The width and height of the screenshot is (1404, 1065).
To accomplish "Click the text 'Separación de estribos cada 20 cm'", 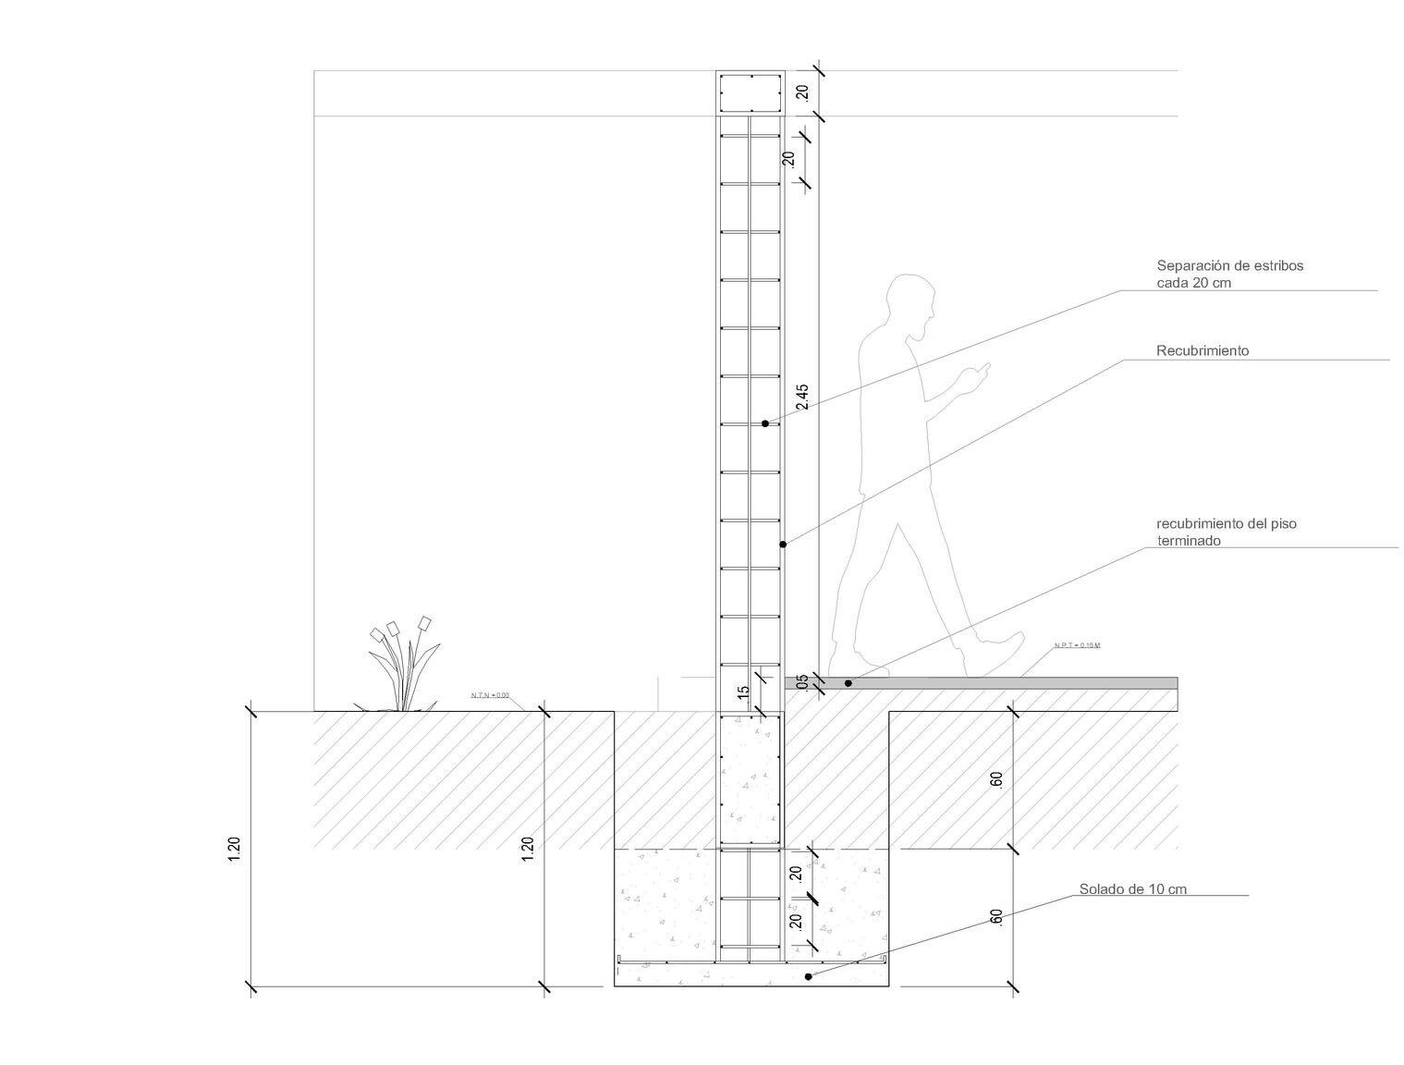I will tap(1229, 274).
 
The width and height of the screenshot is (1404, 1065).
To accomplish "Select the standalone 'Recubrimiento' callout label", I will tap(1202, 350).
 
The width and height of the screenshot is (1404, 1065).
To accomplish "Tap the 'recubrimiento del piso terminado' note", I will tap(1226, 532).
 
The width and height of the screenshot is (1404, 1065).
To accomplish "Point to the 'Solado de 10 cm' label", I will tap(1132, 889).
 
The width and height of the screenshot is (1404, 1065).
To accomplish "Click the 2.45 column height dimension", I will tap(801, 397).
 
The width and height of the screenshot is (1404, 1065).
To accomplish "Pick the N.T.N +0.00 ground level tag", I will tap(490, 695).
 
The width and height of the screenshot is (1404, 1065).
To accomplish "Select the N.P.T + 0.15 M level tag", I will tap(1077, 645).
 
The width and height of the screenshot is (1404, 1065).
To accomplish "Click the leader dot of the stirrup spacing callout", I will tap(765, 423).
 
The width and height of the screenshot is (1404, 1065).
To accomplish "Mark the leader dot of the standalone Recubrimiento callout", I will tap(783, 545).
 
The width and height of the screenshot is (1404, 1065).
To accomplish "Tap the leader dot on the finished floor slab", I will tap(849, 683).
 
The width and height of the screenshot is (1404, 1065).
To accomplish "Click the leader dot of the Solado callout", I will tap(809, 976).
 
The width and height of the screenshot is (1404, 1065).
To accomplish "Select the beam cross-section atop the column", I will tap(750, 92).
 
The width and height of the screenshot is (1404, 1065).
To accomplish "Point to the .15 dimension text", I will tap(743, 692).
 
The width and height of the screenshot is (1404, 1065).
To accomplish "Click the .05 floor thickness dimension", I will tap(801, 682).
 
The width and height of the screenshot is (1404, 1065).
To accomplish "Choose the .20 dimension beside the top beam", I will tap(801, 92).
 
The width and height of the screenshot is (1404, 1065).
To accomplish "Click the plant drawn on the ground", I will tap(403, 666).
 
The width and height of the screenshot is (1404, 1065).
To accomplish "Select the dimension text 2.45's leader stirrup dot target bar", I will tap(750, 424).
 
